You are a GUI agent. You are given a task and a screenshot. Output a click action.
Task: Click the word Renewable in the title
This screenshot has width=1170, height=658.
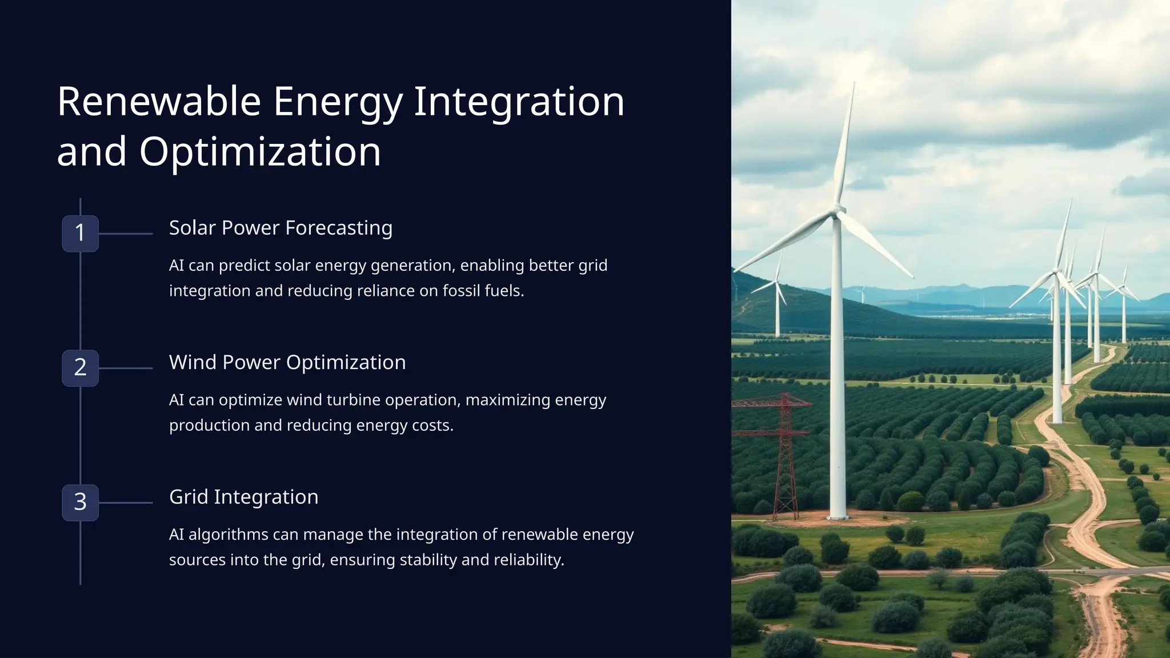[159, 102]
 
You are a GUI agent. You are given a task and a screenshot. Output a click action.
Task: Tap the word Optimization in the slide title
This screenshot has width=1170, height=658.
[260, 152]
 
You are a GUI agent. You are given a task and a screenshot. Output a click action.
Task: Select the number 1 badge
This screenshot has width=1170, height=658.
[80, 233]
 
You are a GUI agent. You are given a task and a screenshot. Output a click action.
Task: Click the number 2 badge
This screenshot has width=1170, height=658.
[80, 368]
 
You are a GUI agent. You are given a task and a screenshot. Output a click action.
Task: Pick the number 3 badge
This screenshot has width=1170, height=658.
[80, 503]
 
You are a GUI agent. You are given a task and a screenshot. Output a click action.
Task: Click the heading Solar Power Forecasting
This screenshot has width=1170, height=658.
[281, 228]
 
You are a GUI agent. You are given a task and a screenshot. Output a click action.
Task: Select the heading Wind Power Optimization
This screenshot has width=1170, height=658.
[287, 363]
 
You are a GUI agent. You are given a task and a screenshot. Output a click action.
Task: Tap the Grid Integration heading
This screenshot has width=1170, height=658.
[243, 497]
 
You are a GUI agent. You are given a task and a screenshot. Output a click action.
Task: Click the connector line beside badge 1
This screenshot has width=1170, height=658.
[126, 234]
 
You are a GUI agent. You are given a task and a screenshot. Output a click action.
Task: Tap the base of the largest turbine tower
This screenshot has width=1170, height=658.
[838, 514]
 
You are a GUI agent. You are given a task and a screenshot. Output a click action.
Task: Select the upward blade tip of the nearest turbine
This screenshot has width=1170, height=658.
[854, 86]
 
